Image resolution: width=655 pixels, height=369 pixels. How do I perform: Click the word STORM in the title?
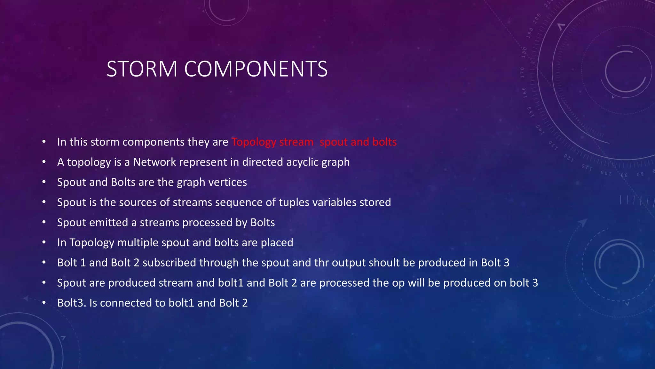(142, 69)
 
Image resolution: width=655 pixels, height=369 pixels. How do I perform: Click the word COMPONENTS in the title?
(256, 69)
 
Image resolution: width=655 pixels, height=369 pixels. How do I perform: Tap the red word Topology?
(254, 142)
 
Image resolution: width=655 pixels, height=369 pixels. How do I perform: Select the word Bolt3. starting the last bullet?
(72, 303)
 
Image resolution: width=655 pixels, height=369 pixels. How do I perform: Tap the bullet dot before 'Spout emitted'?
(44, 222)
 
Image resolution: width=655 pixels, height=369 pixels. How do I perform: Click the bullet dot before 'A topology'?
(44, 162)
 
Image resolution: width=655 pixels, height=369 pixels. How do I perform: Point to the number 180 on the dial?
(524, 52)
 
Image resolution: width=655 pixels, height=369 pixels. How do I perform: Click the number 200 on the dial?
(536, 18)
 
